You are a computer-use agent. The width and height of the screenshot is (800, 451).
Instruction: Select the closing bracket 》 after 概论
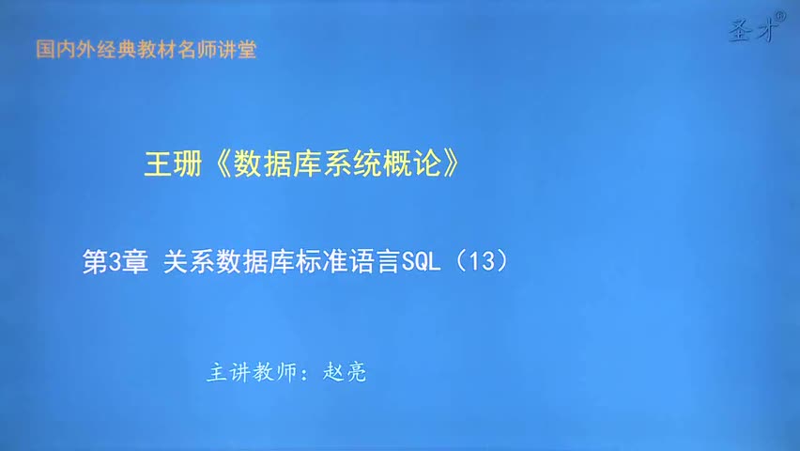[453, 164]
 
